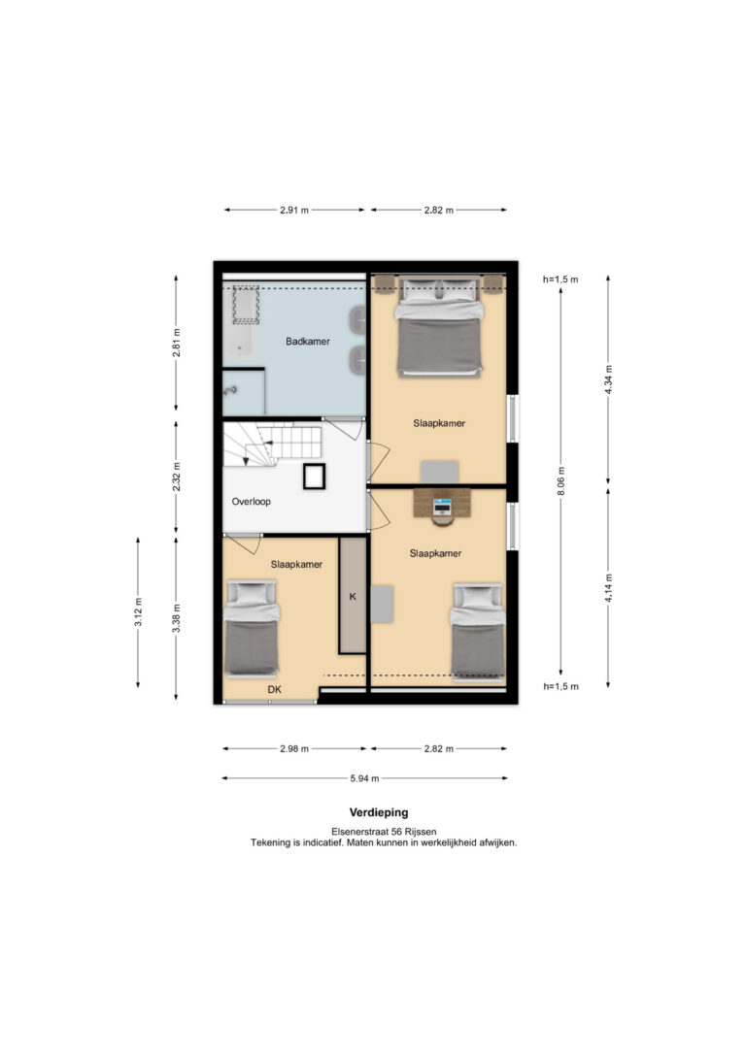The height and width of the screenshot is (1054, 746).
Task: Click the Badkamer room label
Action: (307, 342)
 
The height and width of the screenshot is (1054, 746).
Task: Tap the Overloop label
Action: (251, 502)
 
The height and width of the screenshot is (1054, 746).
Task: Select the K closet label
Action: (353, 596)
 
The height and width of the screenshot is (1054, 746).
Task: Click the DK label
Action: (275, 690)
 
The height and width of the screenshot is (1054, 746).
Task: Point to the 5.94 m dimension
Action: (364, 778)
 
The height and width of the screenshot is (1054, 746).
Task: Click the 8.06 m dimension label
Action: (561, 480)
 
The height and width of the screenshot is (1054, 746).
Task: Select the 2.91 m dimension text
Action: (294, 210)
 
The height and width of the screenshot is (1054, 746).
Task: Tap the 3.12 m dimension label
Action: (138, 611)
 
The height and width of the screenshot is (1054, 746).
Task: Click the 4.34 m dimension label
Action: (608, 379)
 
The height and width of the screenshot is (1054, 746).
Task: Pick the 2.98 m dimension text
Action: (294, 749)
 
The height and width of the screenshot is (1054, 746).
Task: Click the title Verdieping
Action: (379, 812)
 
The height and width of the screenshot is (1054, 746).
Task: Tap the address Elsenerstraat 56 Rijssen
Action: (384, 832)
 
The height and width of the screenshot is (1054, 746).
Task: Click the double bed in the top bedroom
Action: (440, 326)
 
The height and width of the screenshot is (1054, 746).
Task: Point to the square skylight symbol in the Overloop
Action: (314, 477)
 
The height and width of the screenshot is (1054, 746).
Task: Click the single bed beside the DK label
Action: (252, 628)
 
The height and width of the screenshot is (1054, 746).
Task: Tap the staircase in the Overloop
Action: (272, 444)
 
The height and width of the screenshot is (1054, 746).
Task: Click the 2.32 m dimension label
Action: (176, 477)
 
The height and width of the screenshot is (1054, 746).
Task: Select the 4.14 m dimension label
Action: (608, 588)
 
